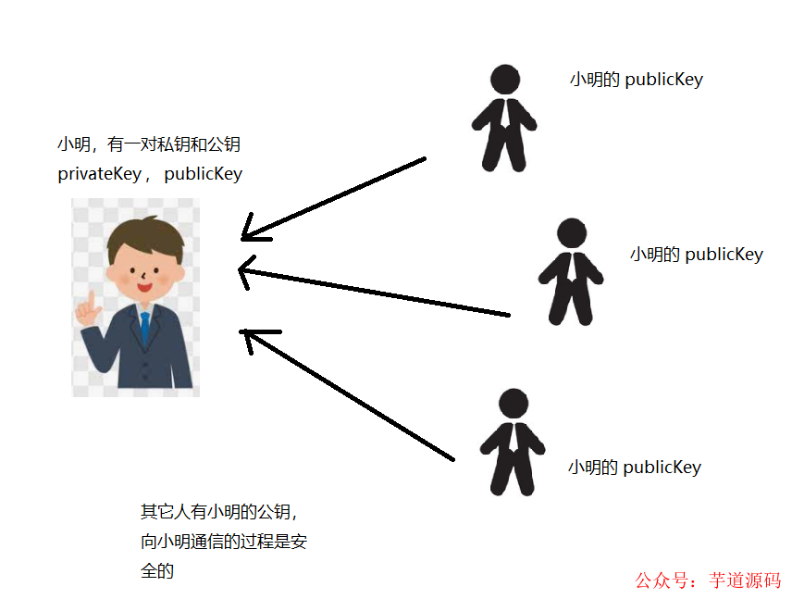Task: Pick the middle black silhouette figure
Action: click(572, 272)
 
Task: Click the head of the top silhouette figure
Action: click(504, 79)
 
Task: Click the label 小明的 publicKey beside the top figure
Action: click(636, 80)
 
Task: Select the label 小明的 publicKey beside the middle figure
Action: click(696, 255)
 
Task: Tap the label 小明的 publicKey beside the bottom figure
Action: click(634, 468)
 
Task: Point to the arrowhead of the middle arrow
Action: click(245, 269)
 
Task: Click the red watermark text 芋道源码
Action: click(745, 580)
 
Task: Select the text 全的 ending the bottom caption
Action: click(157, 571)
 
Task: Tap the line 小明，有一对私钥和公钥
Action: click(149, 144)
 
